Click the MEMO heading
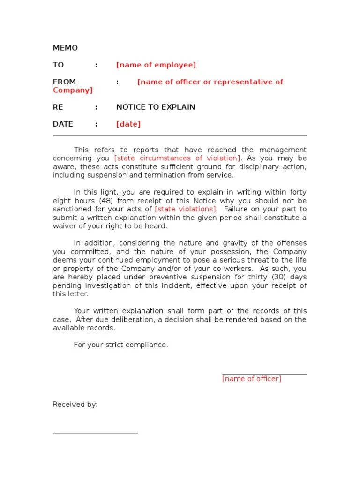coord(65,48)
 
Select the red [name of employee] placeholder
coord(156,65)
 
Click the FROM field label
coord(64,82)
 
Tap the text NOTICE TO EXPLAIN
coord(156,107)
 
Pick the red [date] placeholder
coord(128,124)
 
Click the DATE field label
coord(63,124)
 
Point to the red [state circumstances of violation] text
coord(178,158)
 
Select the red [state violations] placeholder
coord(186,209)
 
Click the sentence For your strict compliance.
coord(121,345)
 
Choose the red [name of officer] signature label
coord(252,379)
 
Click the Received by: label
coord(75,405)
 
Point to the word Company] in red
coord(73,90)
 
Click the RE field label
coord(58,107)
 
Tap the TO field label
coord(58,65)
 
